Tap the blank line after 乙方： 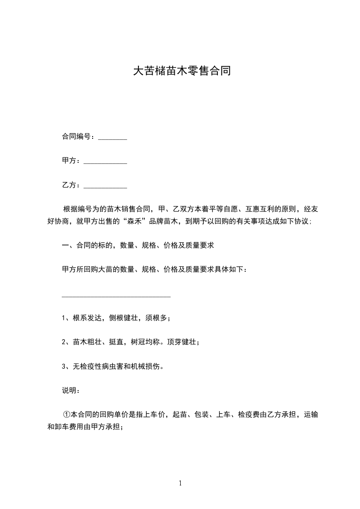click(105, 186)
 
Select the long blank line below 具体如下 click(116, 297)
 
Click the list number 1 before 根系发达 click(64, 318)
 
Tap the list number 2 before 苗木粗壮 click(64, 342)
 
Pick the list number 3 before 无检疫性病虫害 click(64, 366)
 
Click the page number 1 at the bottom click(180, 484)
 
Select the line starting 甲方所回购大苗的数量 click(154, 270)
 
